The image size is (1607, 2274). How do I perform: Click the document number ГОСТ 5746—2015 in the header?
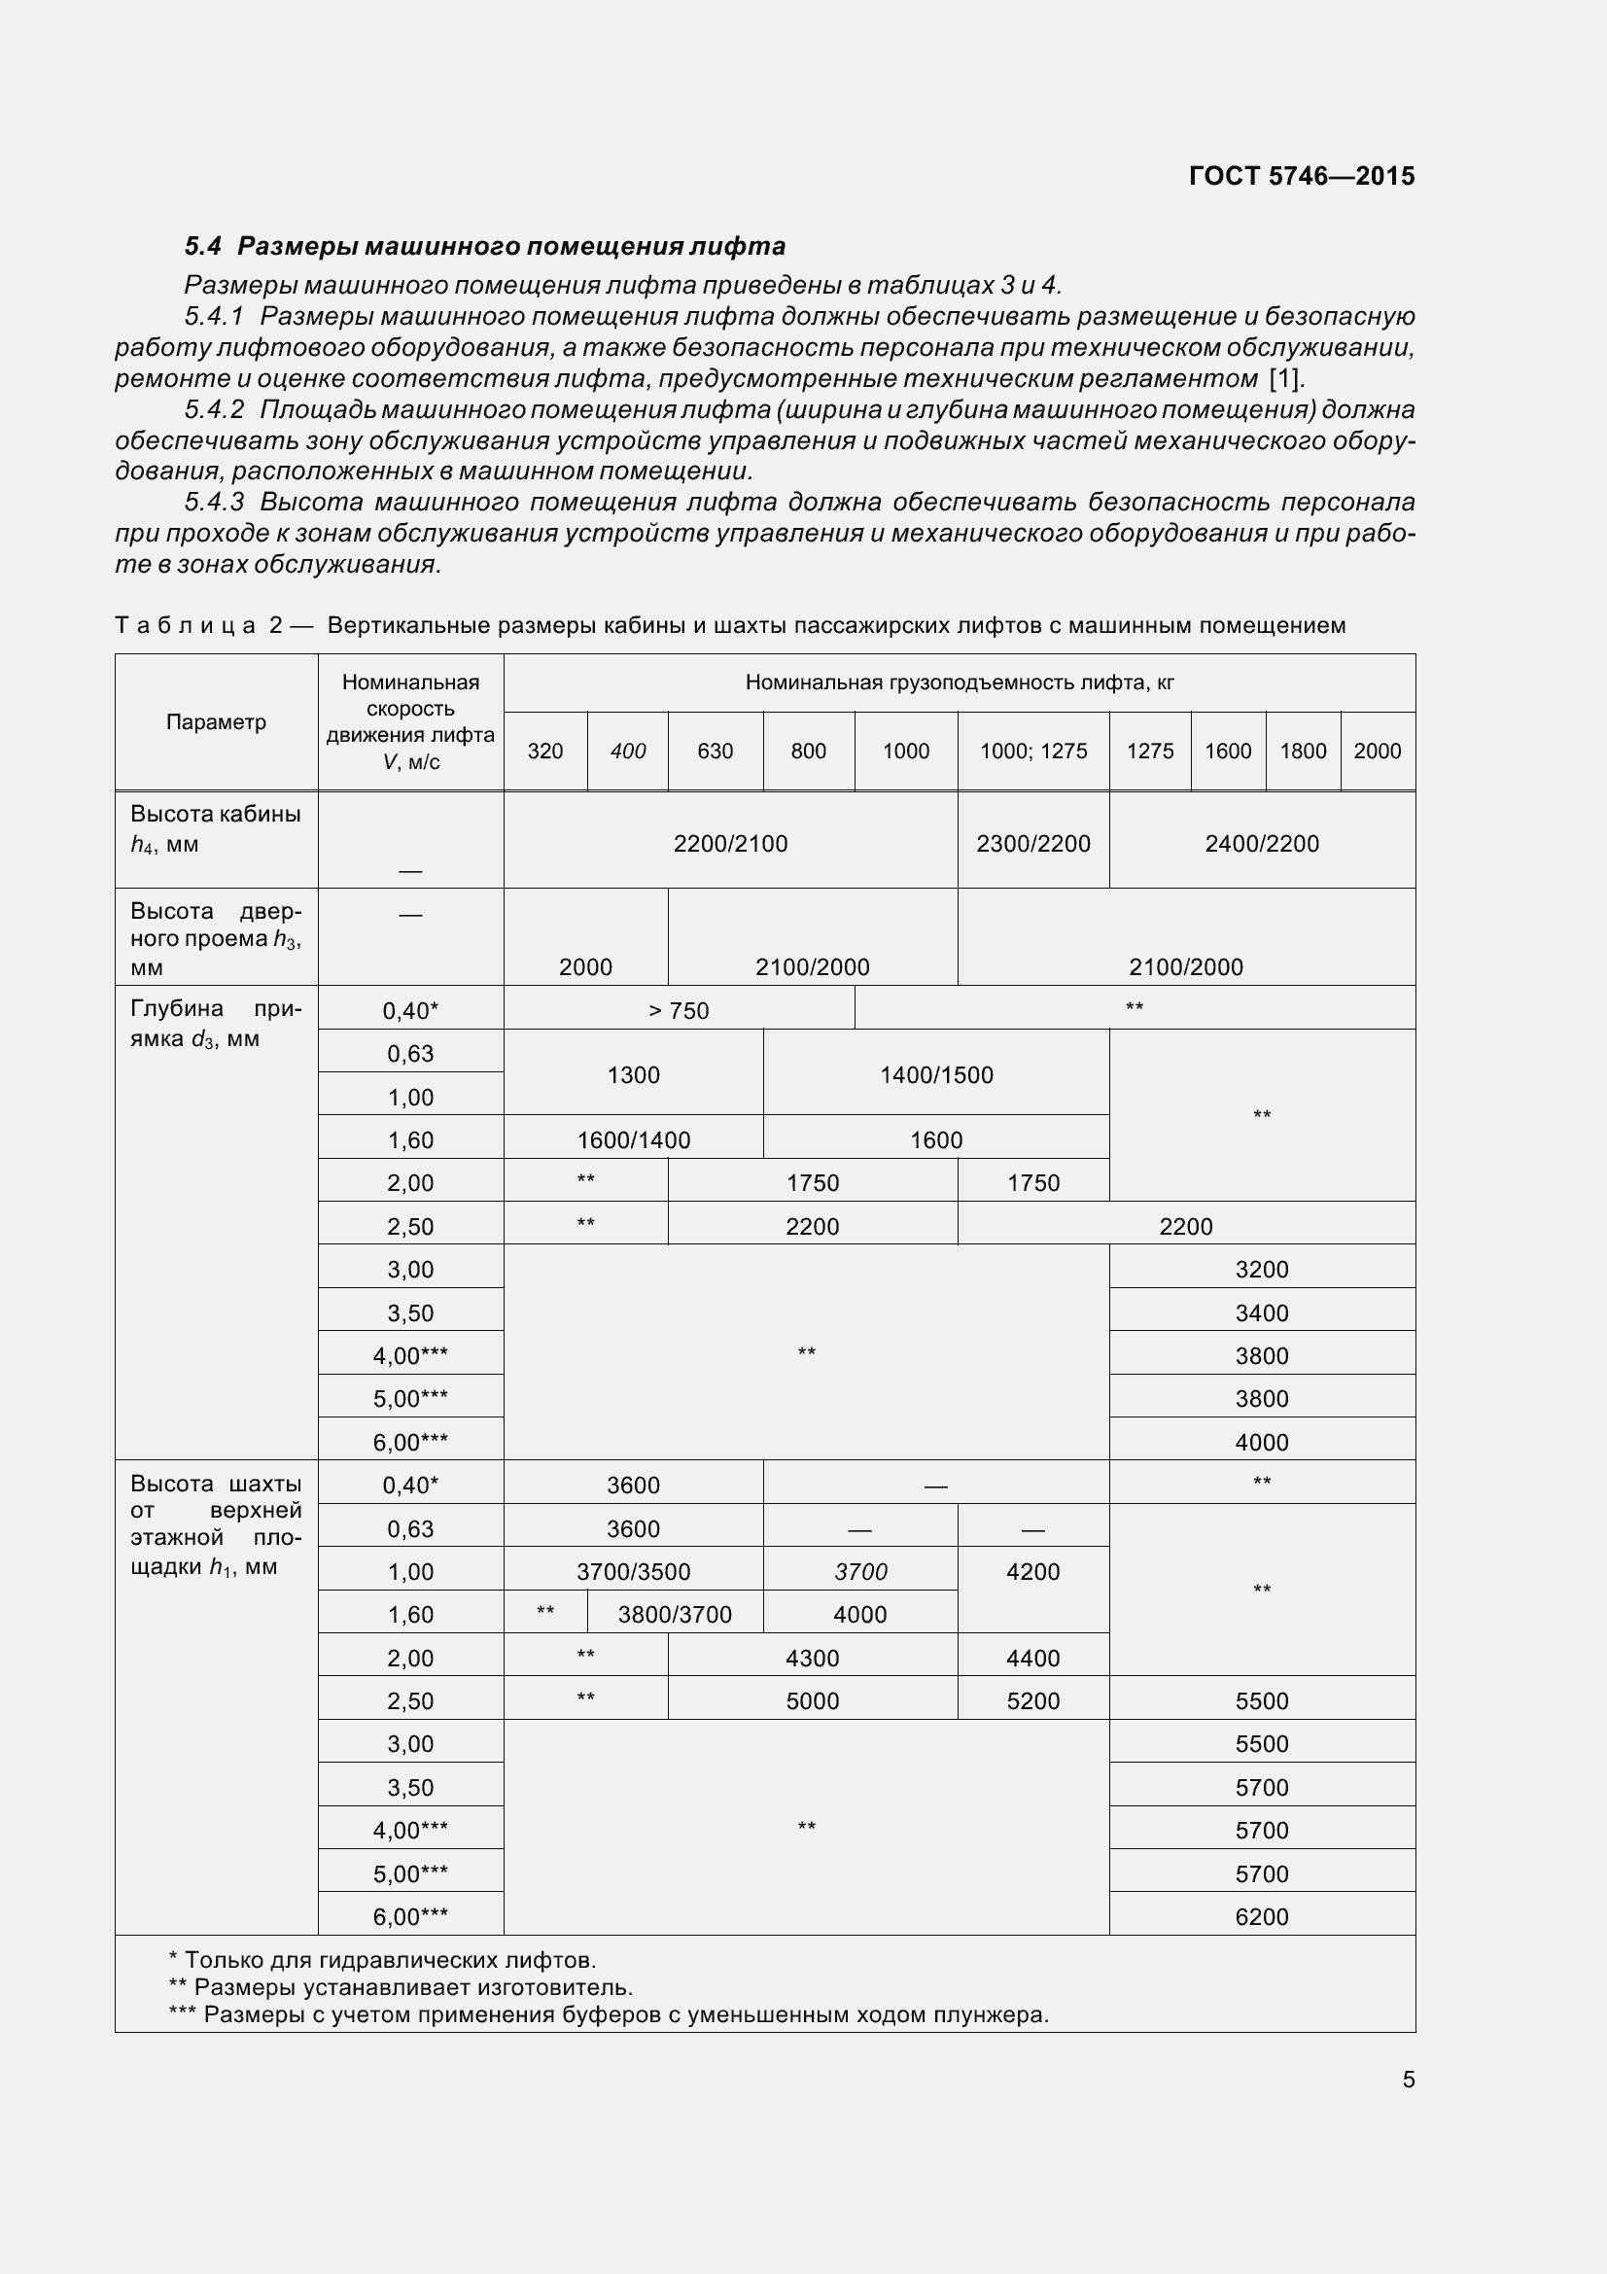pos(1301,176)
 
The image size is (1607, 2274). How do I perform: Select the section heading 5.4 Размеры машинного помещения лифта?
pos(484,246)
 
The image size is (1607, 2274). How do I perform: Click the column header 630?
pos(715,751)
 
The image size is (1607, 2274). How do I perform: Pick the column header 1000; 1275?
pos(1032,751)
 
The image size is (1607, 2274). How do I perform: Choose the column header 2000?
pos(1377,751)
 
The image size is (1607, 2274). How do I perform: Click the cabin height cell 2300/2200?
pos(1032,844)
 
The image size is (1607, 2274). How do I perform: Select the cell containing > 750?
pos(679,1010)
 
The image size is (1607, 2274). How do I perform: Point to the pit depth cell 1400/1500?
pos(935,1074)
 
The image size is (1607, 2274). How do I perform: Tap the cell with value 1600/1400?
pos(634,1140)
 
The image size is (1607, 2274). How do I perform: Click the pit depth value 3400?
pos(1262,1312)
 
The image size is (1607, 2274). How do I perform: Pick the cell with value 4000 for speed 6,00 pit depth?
pos(1262,1442)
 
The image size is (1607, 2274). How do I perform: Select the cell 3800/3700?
pos(675,1615)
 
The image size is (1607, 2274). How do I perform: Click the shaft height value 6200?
pos(1262,1916)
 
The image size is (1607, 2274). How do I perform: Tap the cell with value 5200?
pos(1032,1700)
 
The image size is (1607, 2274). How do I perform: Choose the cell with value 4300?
pos(812,1658)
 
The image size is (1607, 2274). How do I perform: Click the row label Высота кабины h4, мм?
pos(215,829)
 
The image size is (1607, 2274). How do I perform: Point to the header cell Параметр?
pos(216,722)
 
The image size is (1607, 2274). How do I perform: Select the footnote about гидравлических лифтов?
pos(383,1960)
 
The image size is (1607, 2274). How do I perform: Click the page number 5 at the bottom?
pos(1408,2080)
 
